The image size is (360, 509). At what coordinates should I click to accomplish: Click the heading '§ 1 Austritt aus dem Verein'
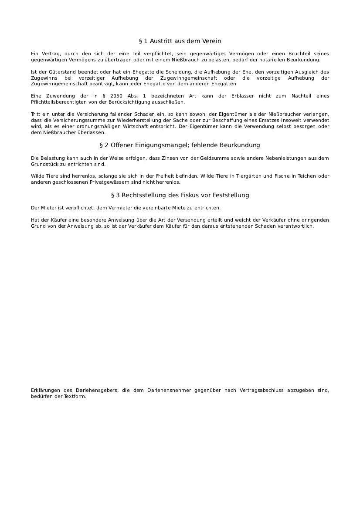[180, 41]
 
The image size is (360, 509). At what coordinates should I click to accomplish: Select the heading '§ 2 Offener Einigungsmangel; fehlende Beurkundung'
[180, 145]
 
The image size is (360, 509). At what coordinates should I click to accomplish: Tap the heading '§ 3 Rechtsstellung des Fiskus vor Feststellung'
[180, 195]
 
